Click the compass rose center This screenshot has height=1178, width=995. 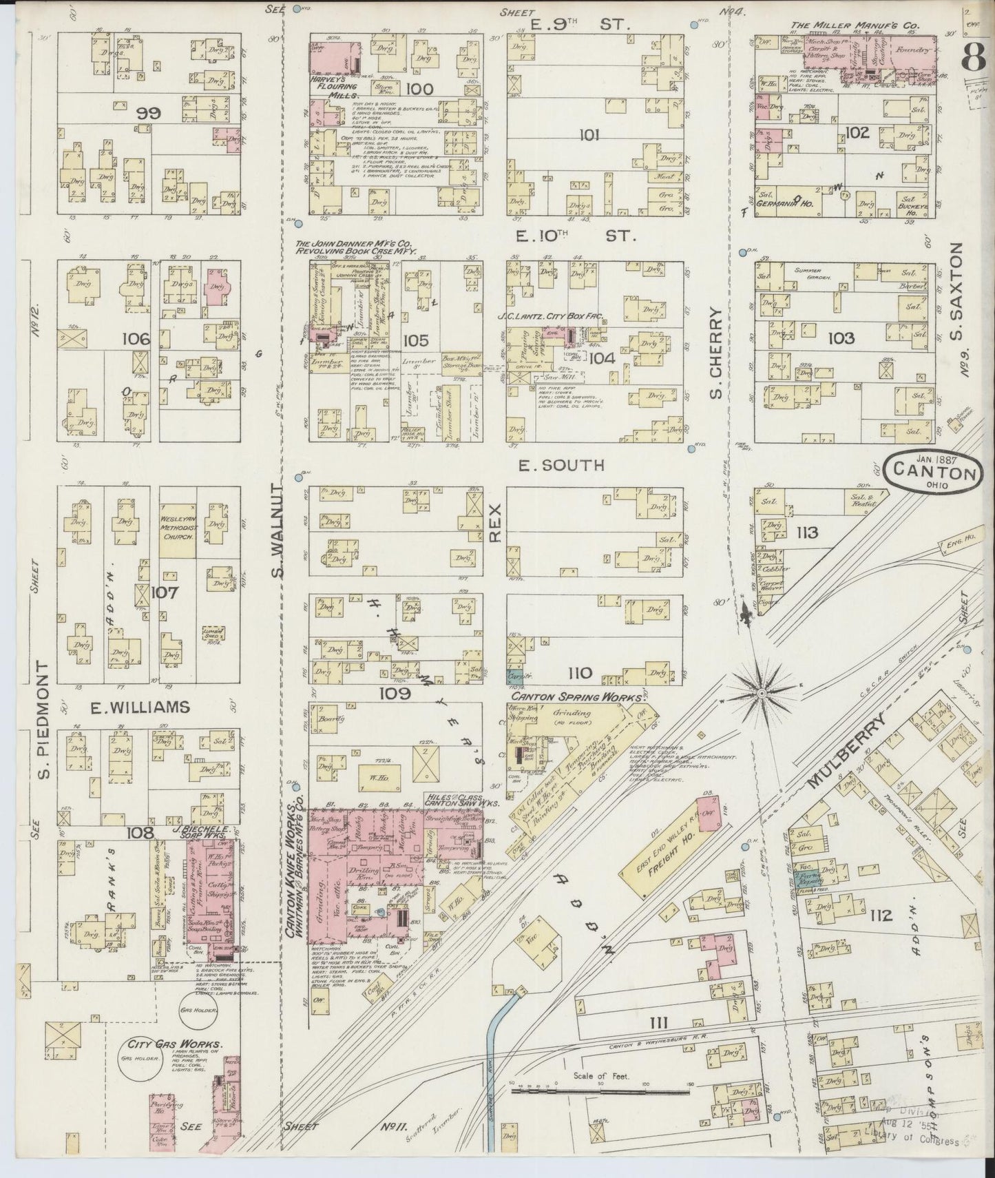[x=762, y=690]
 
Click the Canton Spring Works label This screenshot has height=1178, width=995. [x=576, y=697]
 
